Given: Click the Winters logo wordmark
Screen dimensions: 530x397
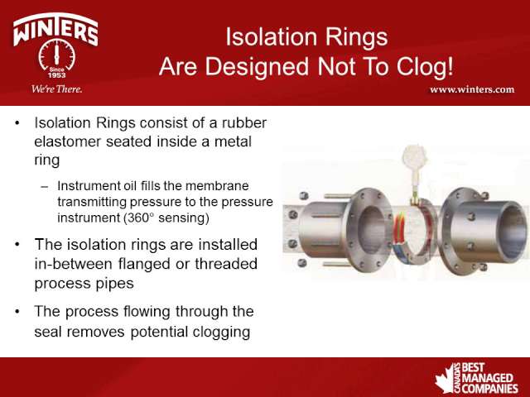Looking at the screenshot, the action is point(55,30).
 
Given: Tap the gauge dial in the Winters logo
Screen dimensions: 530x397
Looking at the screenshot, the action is point(56,55).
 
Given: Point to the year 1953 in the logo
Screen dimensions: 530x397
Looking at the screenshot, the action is point(56,75).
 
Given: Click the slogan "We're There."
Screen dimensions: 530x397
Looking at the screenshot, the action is point(56,89).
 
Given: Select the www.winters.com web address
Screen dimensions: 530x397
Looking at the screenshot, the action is point(472,89).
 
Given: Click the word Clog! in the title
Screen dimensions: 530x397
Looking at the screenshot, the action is point(425,67).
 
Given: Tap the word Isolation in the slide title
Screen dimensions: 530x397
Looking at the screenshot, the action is point(272,36).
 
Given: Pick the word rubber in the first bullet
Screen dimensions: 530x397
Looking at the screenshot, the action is point(244,123).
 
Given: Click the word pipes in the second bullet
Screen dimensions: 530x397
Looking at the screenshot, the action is point(115,284).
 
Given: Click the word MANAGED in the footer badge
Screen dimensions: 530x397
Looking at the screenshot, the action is point(488,378).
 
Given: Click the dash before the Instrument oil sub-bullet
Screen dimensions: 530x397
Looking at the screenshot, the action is point(44,186).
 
